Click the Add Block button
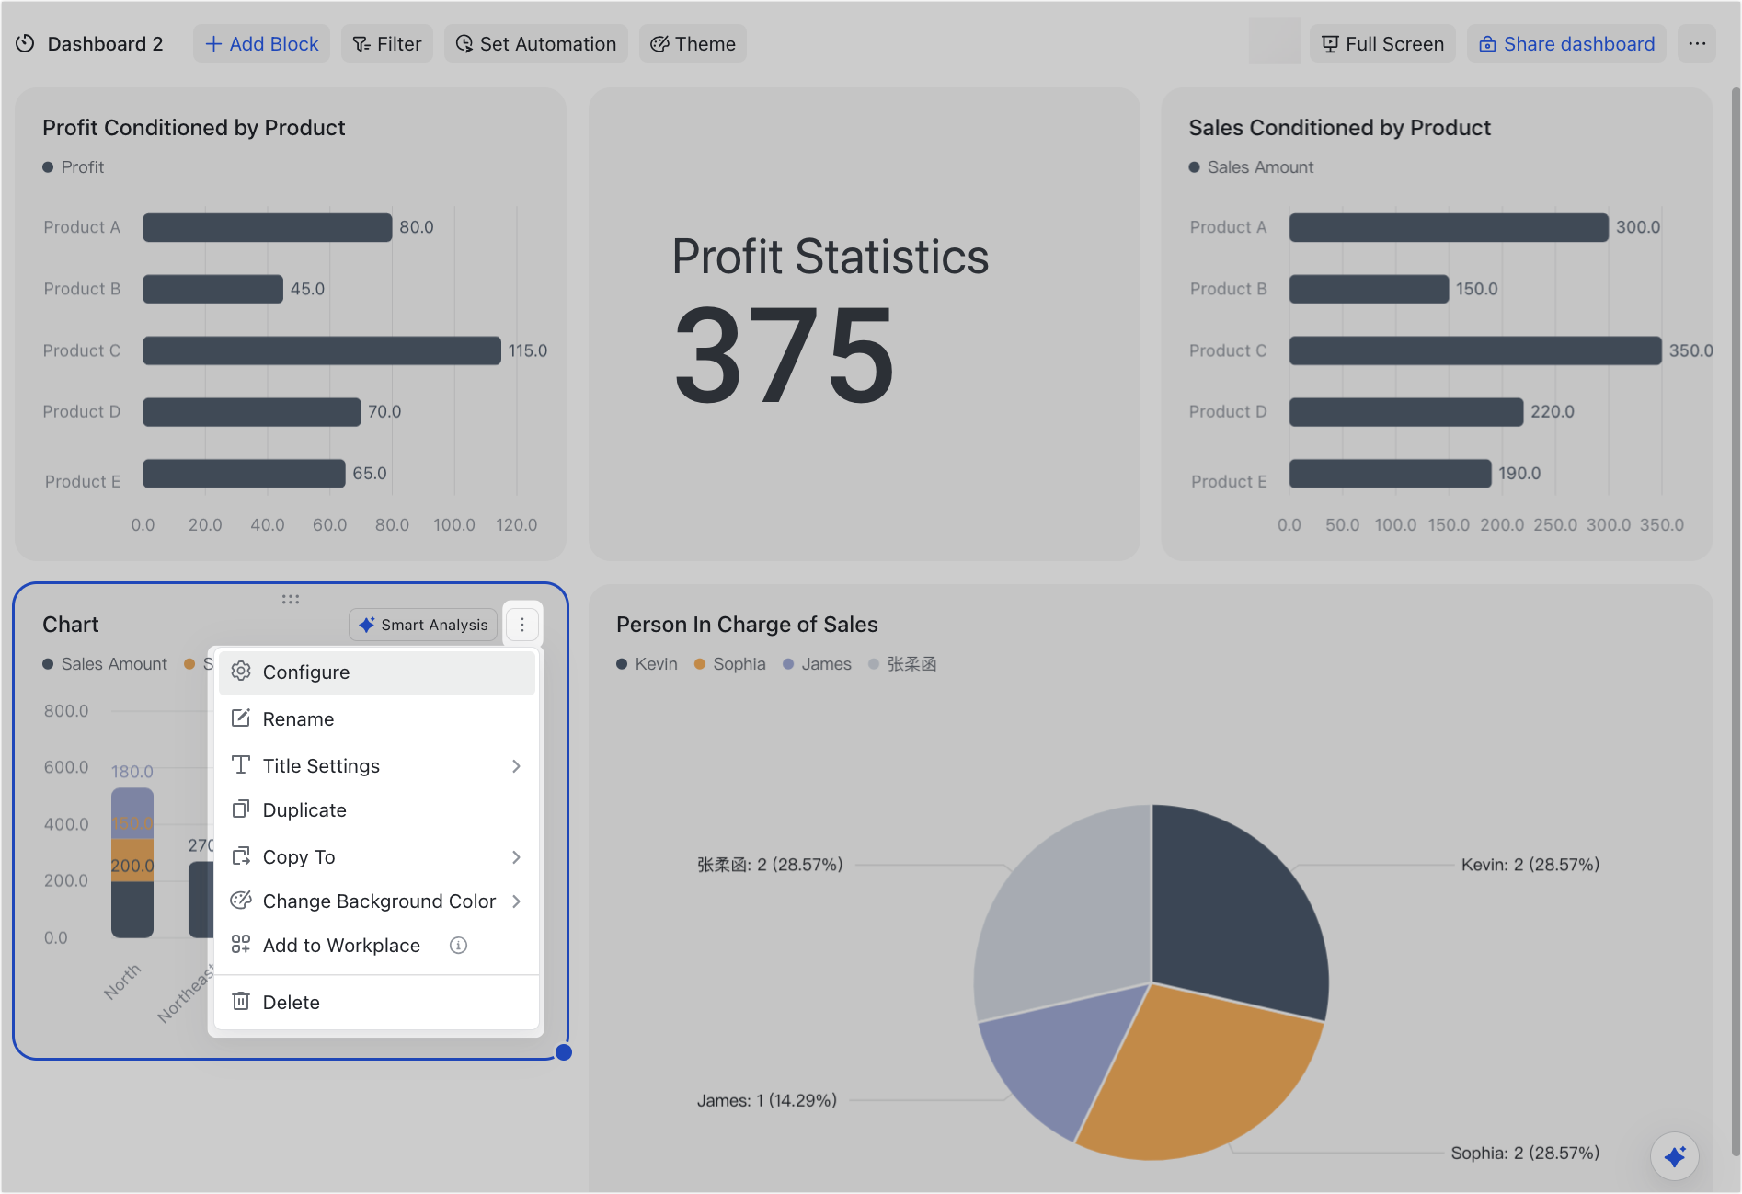pos(261,44)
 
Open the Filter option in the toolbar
pos(387,44)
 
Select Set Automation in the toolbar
pos(536,44)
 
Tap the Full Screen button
pos(1382,44)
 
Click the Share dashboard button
pos(1566,44)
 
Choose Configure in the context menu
pos(306,672)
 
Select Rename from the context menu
pos(298,719)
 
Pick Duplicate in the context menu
pos(304,810)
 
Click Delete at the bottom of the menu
pos(291,1003)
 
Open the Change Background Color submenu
pos(379,901)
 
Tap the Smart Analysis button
pos(424,625)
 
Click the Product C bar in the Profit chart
pos(322,350)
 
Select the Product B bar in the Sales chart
pos(1369,289)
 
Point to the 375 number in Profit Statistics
pos(785,356)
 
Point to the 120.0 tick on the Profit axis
pos(516,525)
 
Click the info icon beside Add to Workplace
pos(458,946)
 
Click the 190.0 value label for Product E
pos(1519,474)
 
